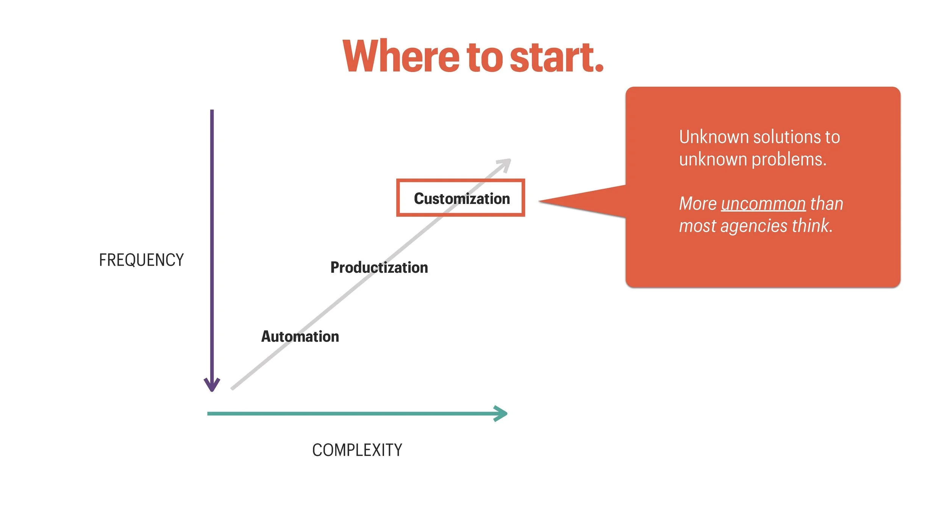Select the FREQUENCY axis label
click(x=141, y=260)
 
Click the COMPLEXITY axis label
click(x=357, y=450)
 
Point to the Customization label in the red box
click(x=461, y=199)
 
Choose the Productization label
click(x=379, y=268)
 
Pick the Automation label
click(x=300, y=336)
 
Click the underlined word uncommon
click(x=763, y=204)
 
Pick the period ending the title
click(x=599, y=68)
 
